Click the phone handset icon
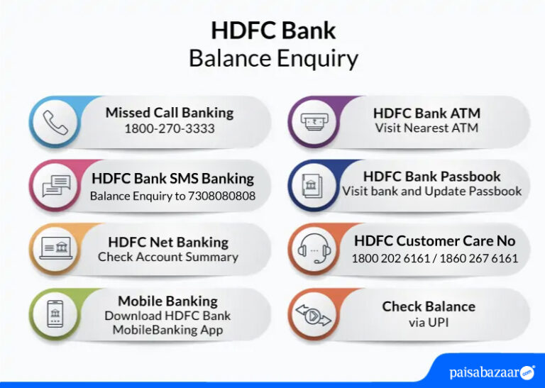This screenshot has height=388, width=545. point(55,123)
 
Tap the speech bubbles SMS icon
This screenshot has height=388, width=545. point(55,186)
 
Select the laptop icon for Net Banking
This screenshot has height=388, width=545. point(55,249)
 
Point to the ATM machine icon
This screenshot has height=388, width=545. point(312,121)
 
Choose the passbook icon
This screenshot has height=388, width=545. point(312,186)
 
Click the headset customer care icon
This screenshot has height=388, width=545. point(312,249)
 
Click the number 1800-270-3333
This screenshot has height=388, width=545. point(170,129)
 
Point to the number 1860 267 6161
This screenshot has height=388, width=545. point(479,258)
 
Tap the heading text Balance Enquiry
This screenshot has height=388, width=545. point(273,58)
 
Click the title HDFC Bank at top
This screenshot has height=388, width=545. point(273,31)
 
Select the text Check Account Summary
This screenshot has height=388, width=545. point(168,257)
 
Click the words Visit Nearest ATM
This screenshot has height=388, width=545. point(426,128)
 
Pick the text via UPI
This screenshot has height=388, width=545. point(429,323)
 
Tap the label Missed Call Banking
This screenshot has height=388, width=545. point(170,113)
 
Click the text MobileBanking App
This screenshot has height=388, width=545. point(167,330)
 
